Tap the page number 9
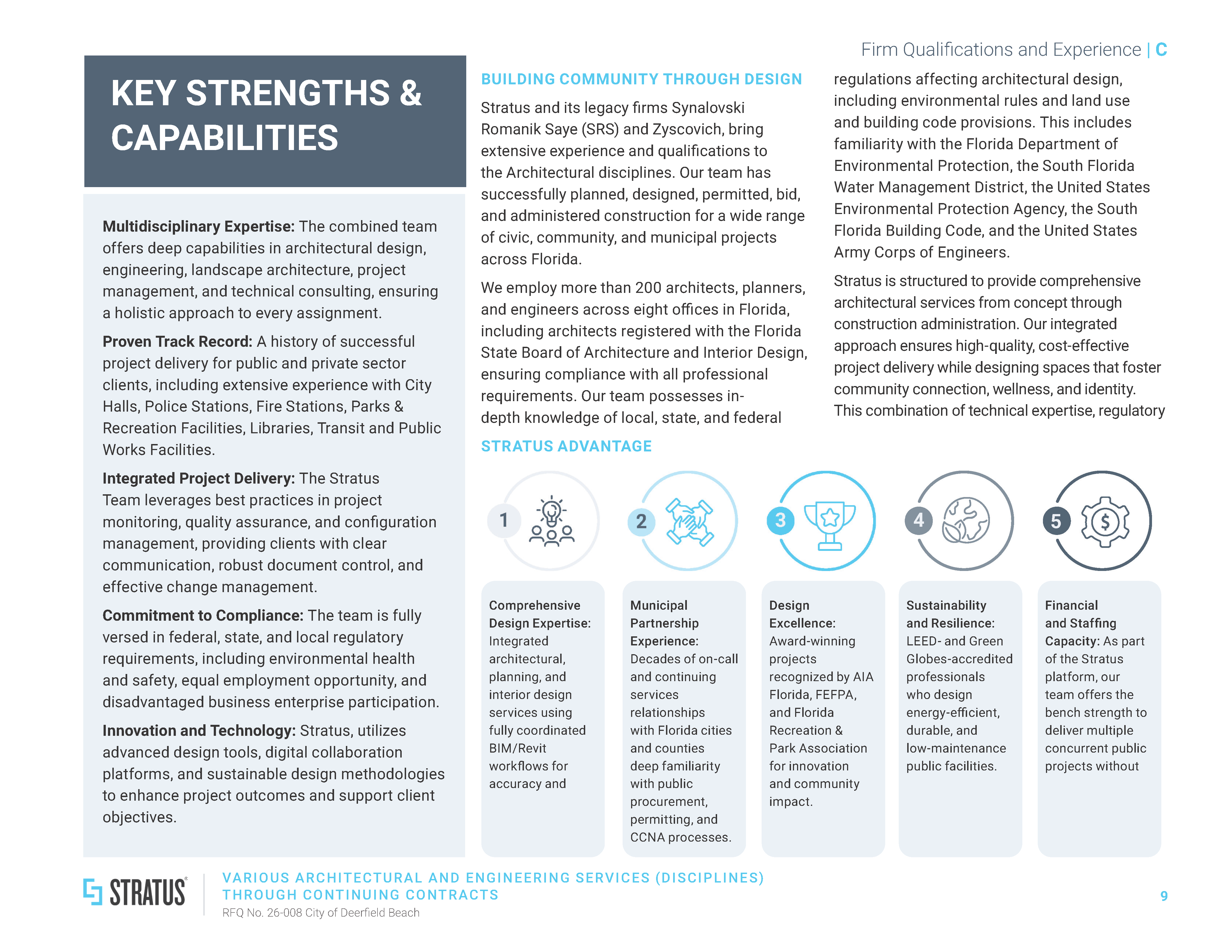coord(1164,895)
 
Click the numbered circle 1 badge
coord(504,520)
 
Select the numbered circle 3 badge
coord(780,520)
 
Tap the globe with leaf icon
coord(966,520)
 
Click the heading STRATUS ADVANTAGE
coord(566,446)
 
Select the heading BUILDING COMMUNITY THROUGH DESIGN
coord(641,79)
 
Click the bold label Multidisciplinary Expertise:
coord(198,226)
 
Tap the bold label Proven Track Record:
coord(177,341)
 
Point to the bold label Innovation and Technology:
coord(198,731)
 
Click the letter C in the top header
coord(1161,50)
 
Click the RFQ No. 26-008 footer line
coord(321,912)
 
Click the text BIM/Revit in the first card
coord(517,748)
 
